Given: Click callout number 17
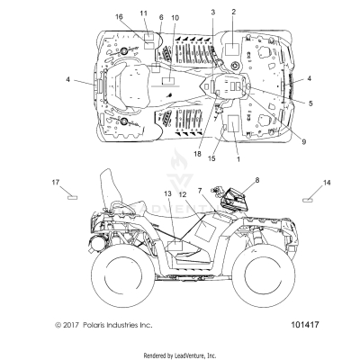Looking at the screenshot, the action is (x=56, y=183).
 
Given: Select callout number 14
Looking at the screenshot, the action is (x=327, y=183).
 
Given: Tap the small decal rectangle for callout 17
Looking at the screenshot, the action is (x=72, y=197).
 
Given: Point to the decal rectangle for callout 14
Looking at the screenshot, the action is (x=308, y=200).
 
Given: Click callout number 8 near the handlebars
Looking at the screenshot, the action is (x=257, y=180).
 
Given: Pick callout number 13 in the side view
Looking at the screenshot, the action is (x=167, y=193).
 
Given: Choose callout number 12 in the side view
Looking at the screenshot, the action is (x=183, y=194).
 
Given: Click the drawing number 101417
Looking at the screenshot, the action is (x=304, y=325).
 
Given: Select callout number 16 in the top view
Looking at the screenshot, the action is (x=119, y=16).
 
